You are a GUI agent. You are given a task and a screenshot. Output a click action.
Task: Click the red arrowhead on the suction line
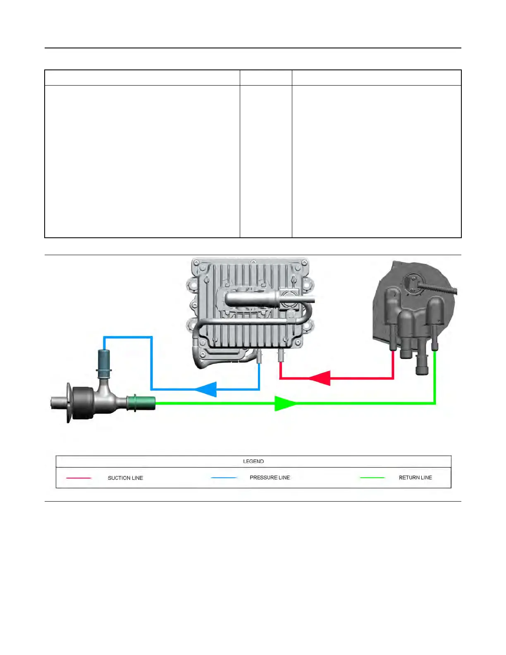[320, 378]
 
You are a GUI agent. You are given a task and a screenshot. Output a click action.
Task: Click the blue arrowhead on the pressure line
[207, 390]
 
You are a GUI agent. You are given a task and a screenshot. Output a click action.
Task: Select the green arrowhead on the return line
[285, 403]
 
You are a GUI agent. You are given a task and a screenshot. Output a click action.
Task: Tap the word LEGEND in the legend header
[253, 461]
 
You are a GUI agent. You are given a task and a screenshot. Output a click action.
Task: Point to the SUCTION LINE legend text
[125, 478]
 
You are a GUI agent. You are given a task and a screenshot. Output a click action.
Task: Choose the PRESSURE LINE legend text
[270, 478]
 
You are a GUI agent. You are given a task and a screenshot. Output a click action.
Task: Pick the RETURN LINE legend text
[415, 478]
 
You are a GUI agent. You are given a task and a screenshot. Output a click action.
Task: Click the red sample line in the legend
[79, 478]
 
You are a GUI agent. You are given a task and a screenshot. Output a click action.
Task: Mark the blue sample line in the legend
[224, 478]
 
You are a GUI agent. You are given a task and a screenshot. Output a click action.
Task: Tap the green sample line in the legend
[372, 478]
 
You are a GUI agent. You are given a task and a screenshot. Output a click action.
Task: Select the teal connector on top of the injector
[103, 363]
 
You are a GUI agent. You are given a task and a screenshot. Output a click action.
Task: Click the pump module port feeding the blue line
[259, 356]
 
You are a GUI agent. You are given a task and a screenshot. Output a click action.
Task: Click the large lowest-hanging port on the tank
[421, 364]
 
